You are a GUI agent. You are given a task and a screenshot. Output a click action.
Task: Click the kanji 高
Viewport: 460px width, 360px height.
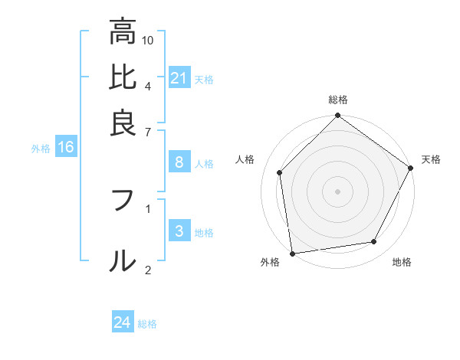tap(123, 32)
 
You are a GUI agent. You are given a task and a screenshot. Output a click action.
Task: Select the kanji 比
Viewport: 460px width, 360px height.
tap(123, 78)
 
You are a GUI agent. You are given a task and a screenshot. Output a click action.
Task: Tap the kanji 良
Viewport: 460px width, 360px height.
tap(123, 122)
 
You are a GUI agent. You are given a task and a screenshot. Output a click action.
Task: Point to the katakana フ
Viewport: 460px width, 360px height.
tap(123, 201)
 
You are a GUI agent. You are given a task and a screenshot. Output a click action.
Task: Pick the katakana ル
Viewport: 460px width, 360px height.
tap(123, 261)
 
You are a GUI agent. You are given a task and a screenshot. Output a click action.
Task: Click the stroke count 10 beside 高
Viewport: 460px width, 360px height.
tap(148, 39)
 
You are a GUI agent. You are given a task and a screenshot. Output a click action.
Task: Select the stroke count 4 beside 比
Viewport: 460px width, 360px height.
tap(148, 85)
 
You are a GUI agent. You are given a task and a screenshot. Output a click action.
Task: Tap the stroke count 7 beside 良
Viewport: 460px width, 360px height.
tap(148, 133)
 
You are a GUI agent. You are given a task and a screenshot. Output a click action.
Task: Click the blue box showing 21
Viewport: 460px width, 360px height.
tap(179, 78)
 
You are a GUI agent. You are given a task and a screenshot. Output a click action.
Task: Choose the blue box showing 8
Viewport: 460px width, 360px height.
tap(179, 162)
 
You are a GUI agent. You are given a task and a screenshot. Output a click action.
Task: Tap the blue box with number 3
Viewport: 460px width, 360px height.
tap(179, 232)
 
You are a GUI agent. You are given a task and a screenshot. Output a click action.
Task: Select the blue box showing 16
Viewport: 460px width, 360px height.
tap(65, 148)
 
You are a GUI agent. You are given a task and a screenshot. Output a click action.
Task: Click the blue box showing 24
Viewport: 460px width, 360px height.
tap(123, 322)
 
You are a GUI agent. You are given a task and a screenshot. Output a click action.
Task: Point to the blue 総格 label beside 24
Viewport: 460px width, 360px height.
tap(147, 323)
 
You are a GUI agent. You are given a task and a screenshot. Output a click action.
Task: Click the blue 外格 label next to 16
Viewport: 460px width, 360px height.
tap(40, 149)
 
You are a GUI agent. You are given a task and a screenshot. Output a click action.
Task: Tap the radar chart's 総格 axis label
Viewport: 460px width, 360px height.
tap(337, 100)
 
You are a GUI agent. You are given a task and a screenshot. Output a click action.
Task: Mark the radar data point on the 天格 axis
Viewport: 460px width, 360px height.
tap(411, 169)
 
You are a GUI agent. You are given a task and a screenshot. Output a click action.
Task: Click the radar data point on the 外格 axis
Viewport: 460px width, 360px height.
tap(293, 253)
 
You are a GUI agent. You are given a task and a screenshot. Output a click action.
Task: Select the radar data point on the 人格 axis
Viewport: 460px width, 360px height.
tap(280, 172)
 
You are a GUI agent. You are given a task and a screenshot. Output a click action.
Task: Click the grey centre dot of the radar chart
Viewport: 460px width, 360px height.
tap(337, 191)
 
